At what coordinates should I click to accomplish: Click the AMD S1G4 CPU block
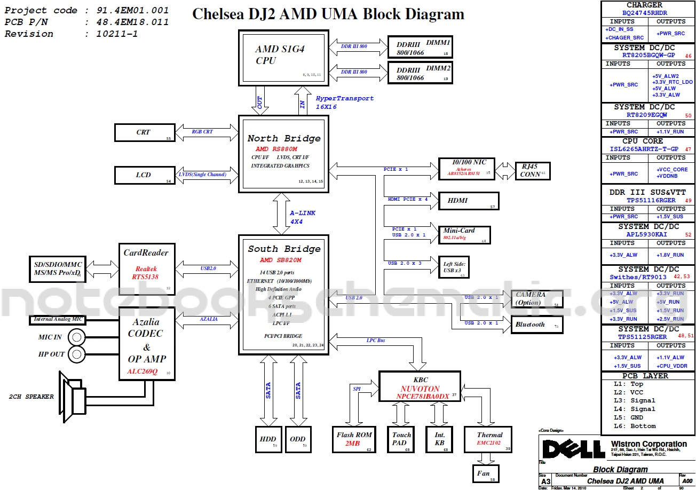click(283, 57)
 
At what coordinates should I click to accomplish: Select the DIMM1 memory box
click(420, 48)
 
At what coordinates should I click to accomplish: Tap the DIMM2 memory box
click(420, 73)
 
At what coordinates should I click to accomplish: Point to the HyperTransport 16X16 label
click(344, 102)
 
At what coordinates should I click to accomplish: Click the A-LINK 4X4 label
click(303, 217)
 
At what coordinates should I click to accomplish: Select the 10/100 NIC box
click(466, 168)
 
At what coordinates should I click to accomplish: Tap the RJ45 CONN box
click(532, 171)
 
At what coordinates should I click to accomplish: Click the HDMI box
click(468, 201)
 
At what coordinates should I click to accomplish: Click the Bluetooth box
click(536, 325)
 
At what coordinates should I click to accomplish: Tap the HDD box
click(268, 439)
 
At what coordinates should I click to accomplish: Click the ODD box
click(298, 439)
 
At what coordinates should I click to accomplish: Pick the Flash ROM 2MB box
click(354, 439)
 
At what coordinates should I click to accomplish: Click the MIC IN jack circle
click(77, 337)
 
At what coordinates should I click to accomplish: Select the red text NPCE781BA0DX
click(422, 397)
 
